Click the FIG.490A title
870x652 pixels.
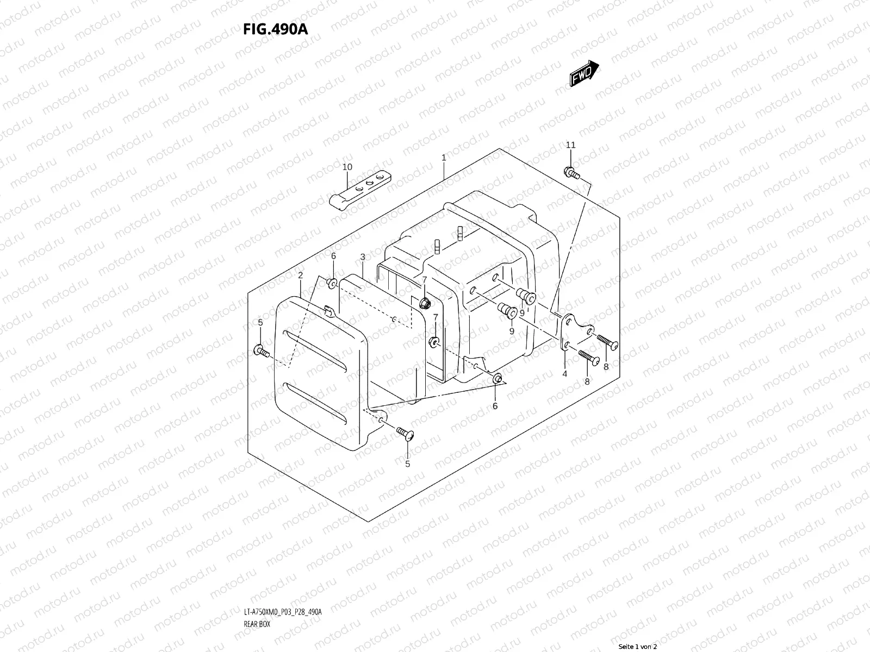click(276, 29)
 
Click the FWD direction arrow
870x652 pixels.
click(585, 74)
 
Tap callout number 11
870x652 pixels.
click(570, 145)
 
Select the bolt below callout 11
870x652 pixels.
click(571, 173)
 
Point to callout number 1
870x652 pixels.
click(444, 158)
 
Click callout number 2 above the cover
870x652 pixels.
click(300, 276)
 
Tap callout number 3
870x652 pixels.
click(362, 256)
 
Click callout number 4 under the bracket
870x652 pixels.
click(564, 374)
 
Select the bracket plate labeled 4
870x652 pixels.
click(574, 331)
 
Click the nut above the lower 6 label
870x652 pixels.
click(497, 379)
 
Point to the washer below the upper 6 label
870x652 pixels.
click(331, 282)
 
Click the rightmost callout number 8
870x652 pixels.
click(606, 367)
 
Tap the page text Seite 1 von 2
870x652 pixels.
click(638, 647)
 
